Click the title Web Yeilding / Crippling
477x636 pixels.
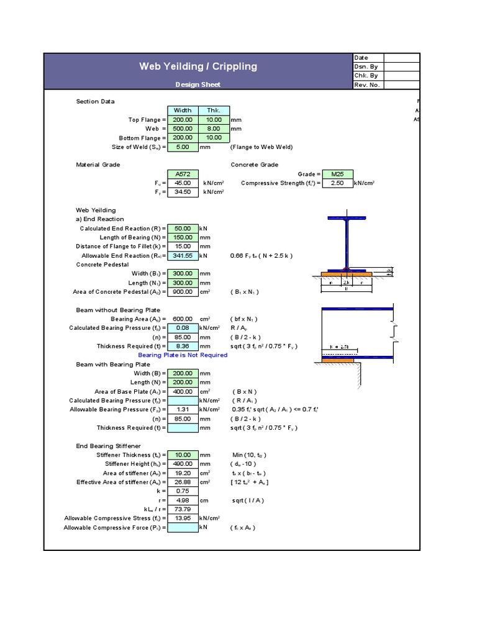[x=198, y=66]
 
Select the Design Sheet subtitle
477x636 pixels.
[x=198, y=85]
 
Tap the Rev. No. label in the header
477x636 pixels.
[x=367, y=85]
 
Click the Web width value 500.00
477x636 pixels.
[x=183, y=129]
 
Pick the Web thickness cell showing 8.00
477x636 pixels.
[x=214, y=129]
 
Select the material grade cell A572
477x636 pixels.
[x=183, y=175]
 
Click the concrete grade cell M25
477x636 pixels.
[x=337, y=175]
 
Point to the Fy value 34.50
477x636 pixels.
[x=183, y=193]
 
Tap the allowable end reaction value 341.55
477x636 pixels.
[x=183, y=256]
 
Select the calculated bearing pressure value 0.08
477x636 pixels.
[x=183, y=328]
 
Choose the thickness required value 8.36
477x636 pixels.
[x=183, y=346]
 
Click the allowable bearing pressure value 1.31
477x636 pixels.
[x=183, y=410]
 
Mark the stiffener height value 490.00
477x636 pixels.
[x=183, y=464]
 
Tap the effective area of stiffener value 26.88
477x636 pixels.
[x=183, y=482]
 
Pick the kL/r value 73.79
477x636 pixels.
[x=183, y=509]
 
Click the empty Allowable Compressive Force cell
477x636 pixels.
[x=183, y=528]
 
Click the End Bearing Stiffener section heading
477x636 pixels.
[x=108, y=446]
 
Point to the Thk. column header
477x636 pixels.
[x=214, y=111]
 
